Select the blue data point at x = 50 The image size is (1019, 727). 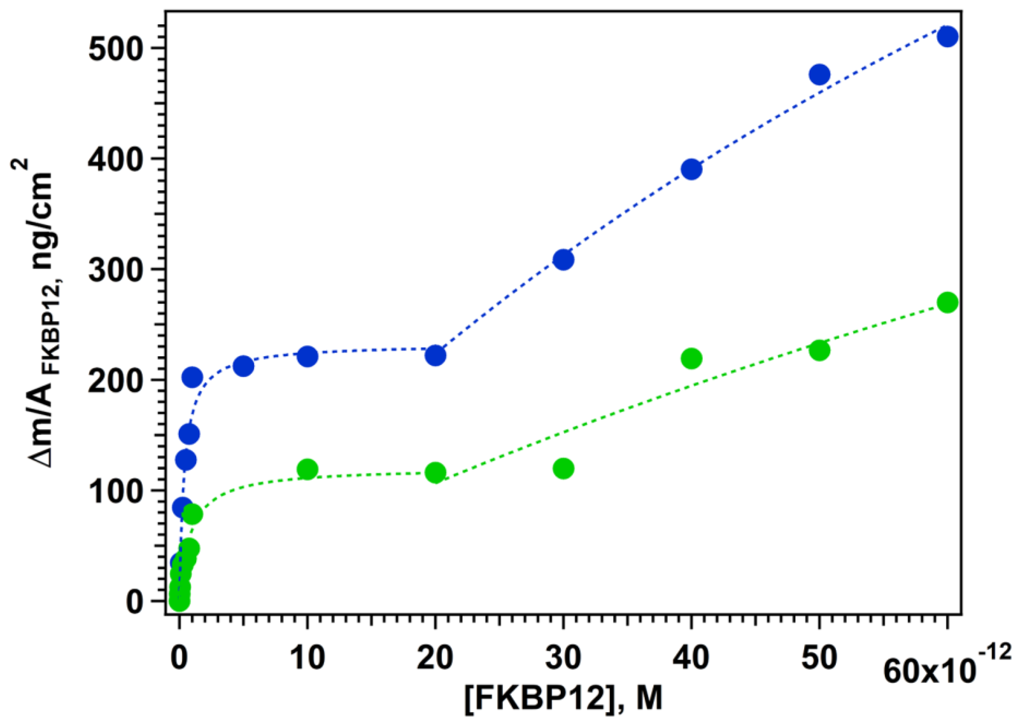(819, 74)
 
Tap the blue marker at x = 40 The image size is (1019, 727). (692, 169)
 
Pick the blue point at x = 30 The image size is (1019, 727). (563, 260)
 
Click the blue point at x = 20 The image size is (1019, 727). (435, 356)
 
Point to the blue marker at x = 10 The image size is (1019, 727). (307, 356)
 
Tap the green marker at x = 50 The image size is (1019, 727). (819, 350)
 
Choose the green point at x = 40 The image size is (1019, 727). (692, 358)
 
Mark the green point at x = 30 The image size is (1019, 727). (563, 469)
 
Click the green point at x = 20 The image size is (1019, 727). (435, 473)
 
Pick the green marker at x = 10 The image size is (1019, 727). (307, 470)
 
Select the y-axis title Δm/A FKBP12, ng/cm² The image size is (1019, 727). (36, 313)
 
